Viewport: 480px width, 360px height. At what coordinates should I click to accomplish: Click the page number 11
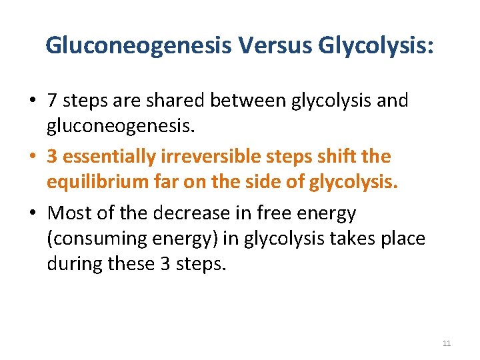(x=447, y=343)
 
